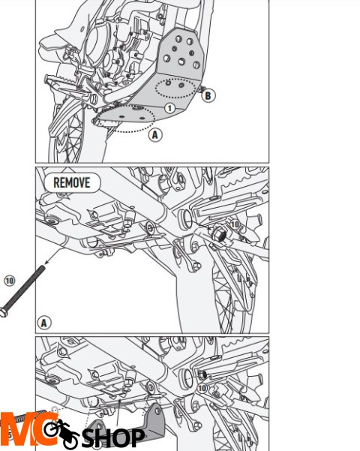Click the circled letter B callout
coord(208,95)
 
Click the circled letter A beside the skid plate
coord(154,135)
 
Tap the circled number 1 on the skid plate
coord(169,108)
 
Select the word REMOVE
coord(71,182)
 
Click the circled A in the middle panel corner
coord(44,323)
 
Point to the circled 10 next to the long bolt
coord(9,280)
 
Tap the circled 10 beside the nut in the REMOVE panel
coord(234,224)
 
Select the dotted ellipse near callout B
coord(178,89)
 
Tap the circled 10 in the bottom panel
coord(202,388)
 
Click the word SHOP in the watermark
coord(113,437)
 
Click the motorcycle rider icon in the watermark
coord(61,431)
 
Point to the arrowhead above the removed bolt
coord(46,263)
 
